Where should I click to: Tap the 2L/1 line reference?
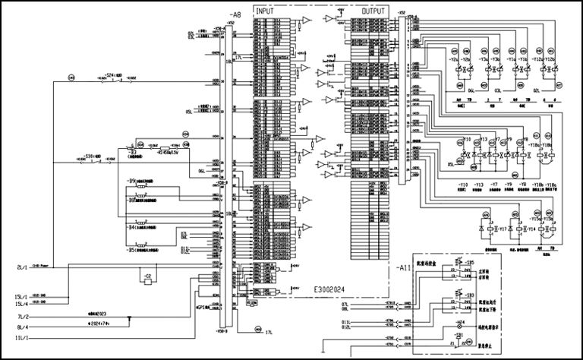click(x=22, y=267)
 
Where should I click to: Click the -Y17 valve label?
click(x=503, y=229)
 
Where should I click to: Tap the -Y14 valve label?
click(x=531, y=229)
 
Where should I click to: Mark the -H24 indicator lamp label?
click(x=459, y=322)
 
